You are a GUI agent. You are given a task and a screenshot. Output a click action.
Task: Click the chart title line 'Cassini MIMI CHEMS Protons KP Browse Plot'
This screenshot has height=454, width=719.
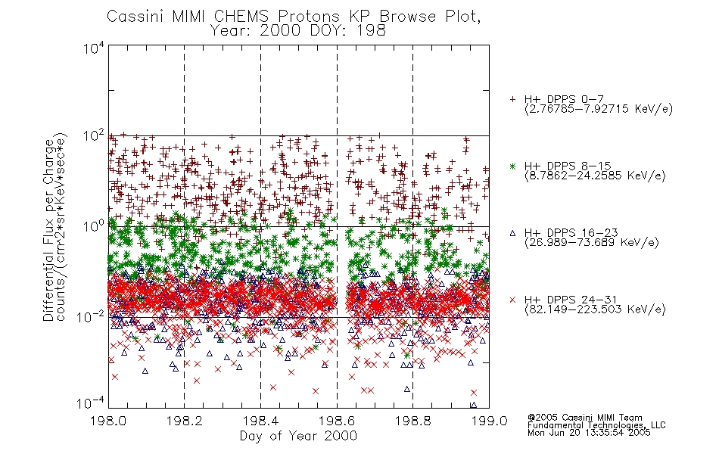click(x=294, y=17)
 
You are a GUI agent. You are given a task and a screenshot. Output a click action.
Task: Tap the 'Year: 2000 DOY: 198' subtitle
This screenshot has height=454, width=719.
click(x=298, y=31)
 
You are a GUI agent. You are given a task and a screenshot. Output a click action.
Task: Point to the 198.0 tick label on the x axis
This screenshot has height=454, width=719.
click(x=108, y=421)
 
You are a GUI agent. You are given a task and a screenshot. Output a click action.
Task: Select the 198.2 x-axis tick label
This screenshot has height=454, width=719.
click(x=185, y=421)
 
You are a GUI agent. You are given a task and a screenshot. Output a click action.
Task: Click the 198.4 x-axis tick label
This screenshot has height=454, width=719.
click(x=260, y=421)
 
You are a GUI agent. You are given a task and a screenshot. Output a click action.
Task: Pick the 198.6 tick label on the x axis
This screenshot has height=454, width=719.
click(x=337, y=421)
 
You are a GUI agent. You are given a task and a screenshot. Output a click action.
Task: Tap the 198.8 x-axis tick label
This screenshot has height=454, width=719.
click(x=412, y=421)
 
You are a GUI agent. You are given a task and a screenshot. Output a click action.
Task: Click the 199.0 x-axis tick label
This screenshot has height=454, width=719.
click(x=489, y=421)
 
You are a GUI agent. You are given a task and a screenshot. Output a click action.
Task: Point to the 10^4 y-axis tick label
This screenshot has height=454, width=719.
click(x=94, y=48)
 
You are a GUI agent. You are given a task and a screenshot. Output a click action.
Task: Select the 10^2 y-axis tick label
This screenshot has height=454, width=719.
click(x=94, y=137)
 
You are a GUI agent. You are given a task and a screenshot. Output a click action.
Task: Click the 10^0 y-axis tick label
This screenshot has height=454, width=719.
click(x=94, y=226)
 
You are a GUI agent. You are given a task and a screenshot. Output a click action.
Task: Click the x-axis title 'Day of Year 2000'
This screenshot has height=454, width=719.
click(x=298, y=436)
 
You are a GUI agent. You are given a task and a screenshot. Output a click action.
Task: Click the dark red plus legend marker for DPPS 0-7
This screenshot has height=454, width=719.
click(x=512, y=99)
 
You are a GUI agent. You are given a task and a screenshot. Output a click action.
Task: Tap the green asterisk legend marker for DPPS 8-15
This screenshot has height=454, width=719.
click(x=512, y=166)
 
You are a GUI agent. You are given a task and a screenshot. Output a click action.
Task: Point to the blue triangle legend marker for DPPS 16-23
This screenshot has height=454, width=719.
click(x=512, y=233)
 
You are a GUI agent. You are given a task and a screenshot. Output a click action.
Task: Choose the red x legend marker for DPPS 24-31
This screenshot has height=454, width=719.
click(x=512, y=300)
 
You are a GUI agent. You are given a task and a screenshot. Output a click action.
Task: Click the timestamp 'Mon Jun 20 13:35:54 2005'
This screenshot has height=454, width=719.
click(x=589, y=433)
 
